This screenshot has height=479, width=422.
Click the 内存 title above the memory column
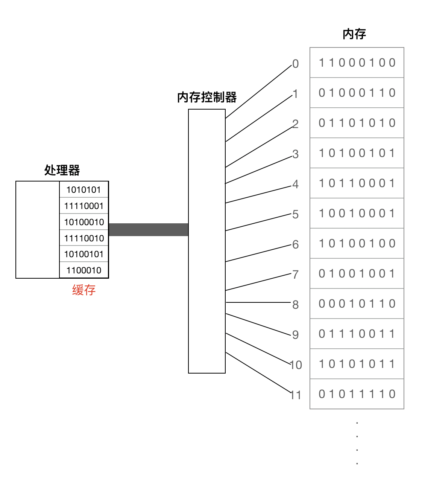[x=354, y=34]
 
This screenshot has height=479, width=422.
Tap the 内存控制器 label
[x=206, y=97]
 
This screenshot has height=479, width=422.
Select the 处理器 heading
[x=62, y=170]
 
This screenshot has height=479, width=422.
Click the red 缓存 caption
[x=84, y=290]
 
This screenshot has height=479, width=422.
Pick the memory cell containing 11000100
[x=357, y=63]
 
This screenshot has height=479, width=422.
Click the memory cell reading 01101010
[x=357, y=123]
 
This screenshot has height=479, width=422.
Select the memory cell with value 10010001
[x=357, y=213]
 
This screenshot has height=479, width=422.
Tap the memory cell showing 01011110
[x=357, y=394]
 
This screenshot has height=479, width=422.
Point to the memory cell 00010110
[x=357, y=304]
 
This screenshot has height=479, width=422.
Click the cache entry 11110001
[x=84, y=206]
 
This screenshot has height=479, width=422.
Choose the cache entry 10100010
[x=84, y=222]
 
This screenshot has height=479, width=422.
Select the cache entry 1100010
[x=84, y=270]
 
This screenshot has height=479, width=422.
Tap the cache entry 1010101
[x=84, y=190]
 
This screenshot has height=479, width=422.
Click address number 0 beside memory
[x=296, y=64]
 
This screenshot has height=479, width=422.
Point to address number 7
[x=296, y=275]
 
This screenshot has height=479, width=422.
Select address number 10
[x=296, y=365]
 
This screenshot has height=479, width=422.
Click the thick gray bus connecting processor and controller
[x=148, y=230]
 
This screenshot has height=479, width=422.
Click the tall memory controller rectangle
[x=206, y=241]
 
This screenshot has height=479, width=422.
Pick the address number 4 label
[x=296, y=184]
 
